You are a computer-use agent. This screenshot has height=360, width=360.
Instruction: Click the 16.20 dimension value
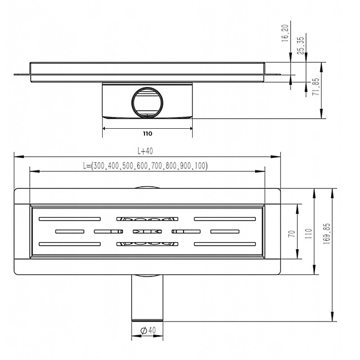point(285,33)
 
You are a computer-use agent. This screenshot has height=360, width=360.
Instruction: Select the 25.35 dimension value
point(301,46)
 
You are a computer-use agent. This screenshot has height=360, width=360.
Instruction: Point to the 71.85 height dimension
point(316,87)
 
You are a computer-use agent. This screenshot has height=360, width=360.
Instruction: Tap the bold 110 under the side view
point(148,134)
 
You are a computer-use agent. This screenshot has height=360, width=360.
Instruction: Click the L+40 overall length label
point(145,151)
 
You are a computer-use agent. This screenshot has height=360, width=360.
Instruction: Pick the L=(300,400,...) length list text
point(145,166)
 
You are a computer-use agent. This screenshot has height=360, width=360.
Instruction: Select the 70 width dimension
point(292,234)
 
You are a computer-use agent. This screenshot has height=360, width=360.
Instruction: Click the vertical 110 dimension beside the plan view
point(309,234)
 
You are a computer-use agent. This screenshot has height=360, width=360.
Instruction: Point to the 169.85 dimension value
point(327,234)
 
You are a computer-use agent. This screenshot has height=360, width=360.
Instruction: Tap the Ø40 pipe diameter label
point(148,331)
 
